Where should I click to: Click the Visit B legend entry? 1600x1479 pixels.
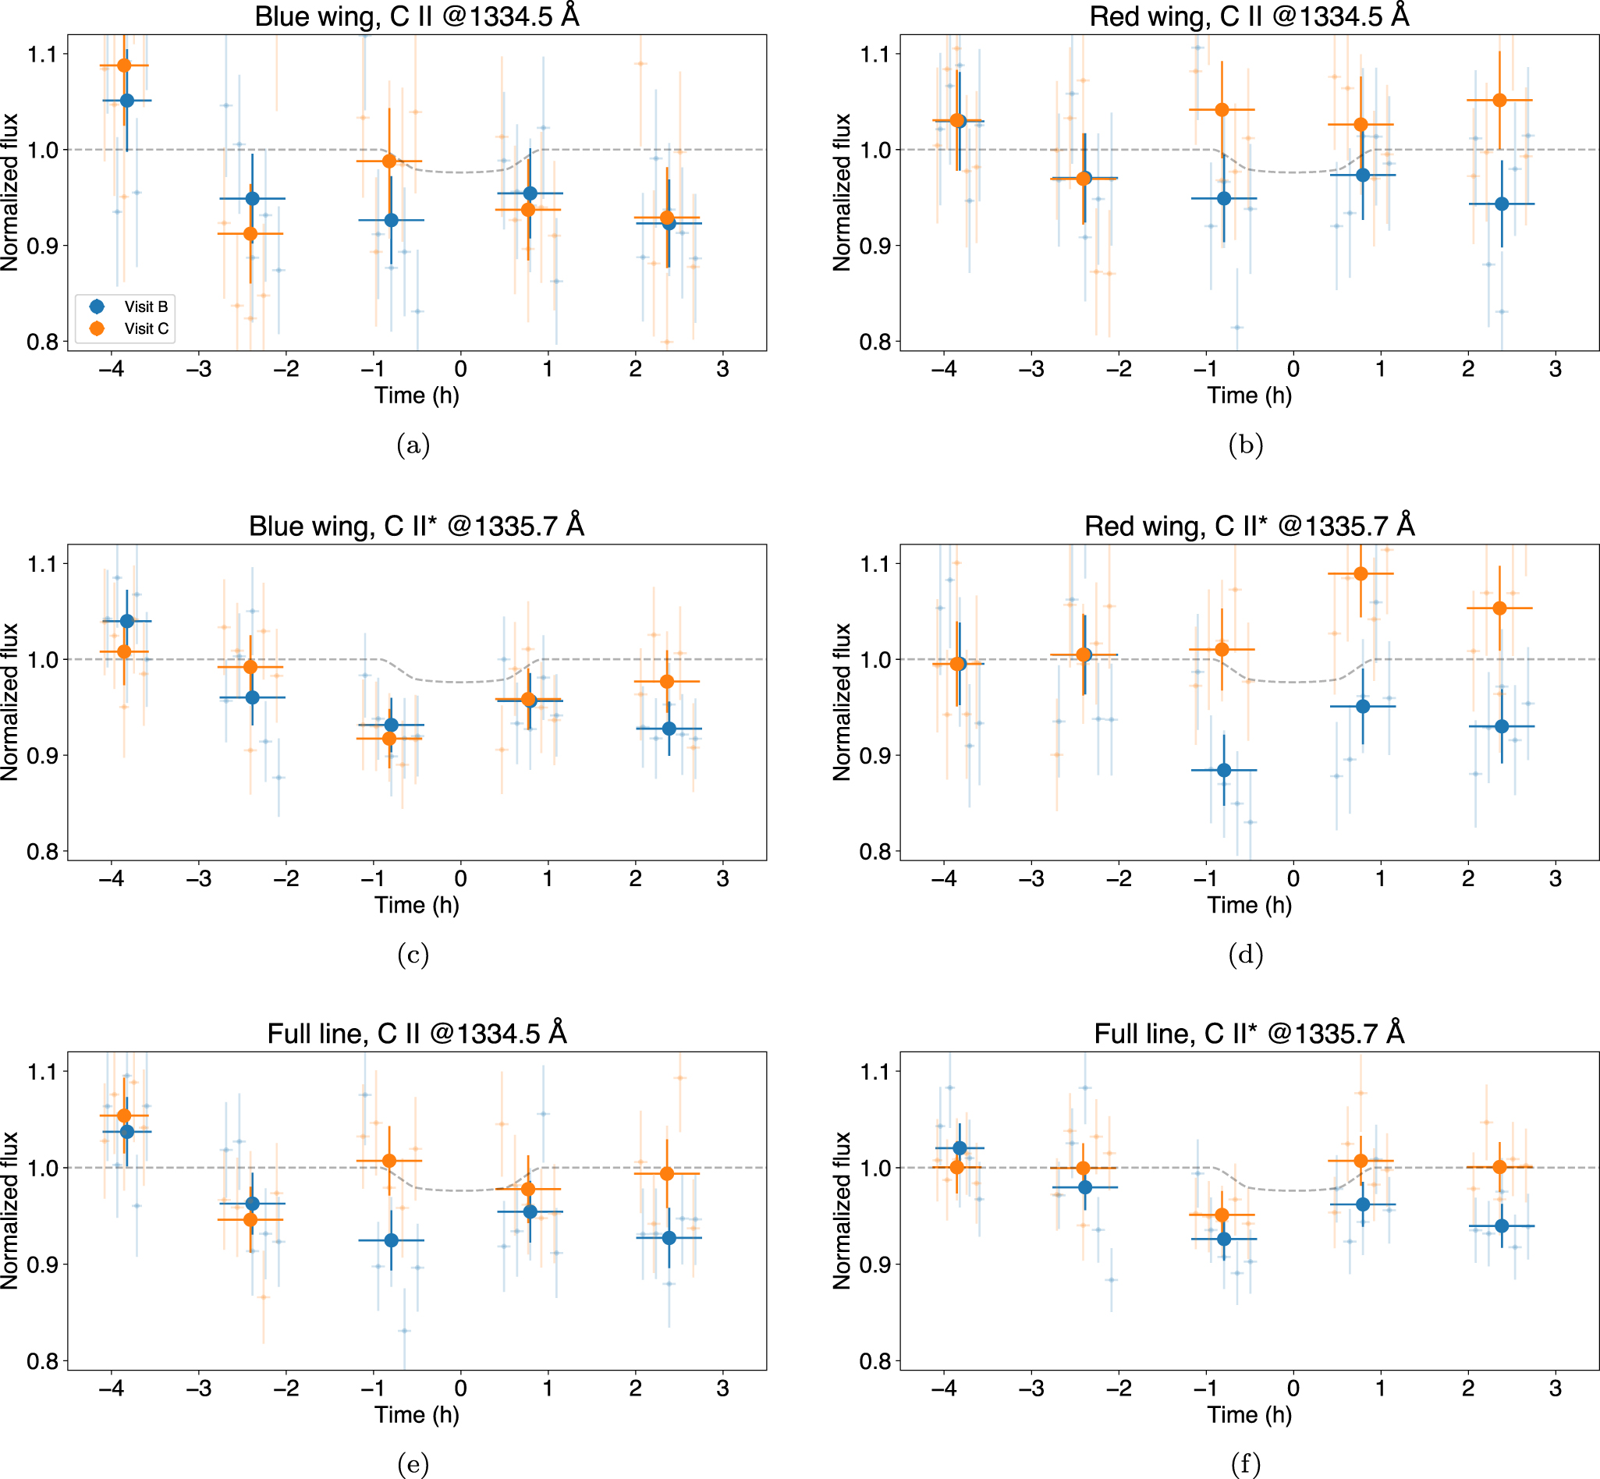click(145, 307)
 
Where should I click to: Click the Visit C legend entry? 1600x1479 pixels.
click(145, 328)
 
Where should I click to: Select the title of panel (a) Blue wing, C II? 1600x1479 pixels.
click(417, 16)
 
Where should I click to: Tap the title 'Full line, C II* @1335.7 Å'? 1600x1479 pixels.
click(1249, 1034)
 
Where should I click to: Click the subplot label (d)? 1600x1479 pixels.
click(1245, 954)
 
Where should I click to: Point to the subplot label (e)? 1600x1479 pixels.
click(413, 1464)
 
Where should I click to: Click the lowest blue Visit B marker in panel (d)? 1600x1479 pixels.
click(1224, 770)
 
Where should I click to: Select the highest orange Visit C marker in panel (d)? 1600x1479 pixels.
click(1361, 574)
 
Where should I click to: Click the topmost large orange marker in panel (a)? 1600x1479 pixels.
click(124, 66)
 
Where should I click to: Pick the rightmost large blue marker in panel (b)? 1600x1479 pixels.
click(1502, 204)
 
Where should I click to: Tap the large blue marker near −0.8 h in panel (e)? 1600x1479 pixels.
click(392, 1240)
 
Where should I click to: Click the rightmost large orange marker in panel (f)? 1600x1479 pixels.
click(1500, 1167)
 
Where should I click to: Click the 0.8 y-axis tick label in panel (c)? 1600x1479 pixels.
click(42, 852)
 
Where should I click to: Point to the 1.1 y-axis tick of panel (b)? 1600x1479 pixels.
click(875, 55)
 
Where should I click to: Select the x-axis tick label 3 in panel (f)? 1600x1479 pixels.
click(1556, 1389)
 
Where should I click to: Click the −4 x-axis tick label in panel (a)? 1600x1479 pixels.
click(112, 369)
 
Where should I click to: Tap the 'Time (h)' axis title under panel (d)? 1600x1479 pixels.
click(1249, 905)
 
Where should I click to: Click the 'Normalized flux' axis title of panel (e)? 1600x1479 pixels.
click(9, 1210)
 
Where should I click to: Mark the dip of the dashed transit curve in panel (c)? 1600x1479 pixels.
click(461, 682)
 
